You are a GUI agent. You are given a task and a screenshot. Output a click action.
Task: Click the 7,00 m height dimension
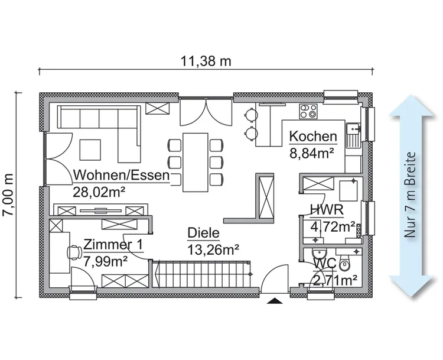[8, 195]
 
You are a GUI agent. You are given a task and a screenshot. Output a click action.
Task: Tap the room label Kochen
[312, 137]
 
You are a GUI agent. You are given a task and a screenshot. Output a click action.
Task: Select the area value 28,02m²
[99, 192]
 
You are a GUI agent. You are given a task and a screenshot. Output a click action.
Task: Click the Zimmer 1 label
[112, 245]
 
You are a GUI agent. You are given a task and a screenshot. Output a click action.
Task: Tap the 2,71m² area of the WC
[335, 278]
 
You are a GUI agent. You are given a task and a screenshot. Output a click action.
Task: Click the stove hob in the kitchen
[309, 111]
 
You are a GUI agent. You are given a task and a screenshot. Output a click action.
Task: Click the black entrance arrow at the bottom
[275, 300]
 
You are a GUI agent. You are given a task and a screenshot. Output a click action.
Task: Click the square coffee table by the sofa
[91, 149]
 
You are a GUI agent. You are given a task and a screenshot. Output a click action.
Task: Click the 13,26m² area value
[213, 249]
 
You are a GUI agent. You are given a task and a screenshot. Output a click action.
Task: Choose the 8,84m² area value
[311, 152]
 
